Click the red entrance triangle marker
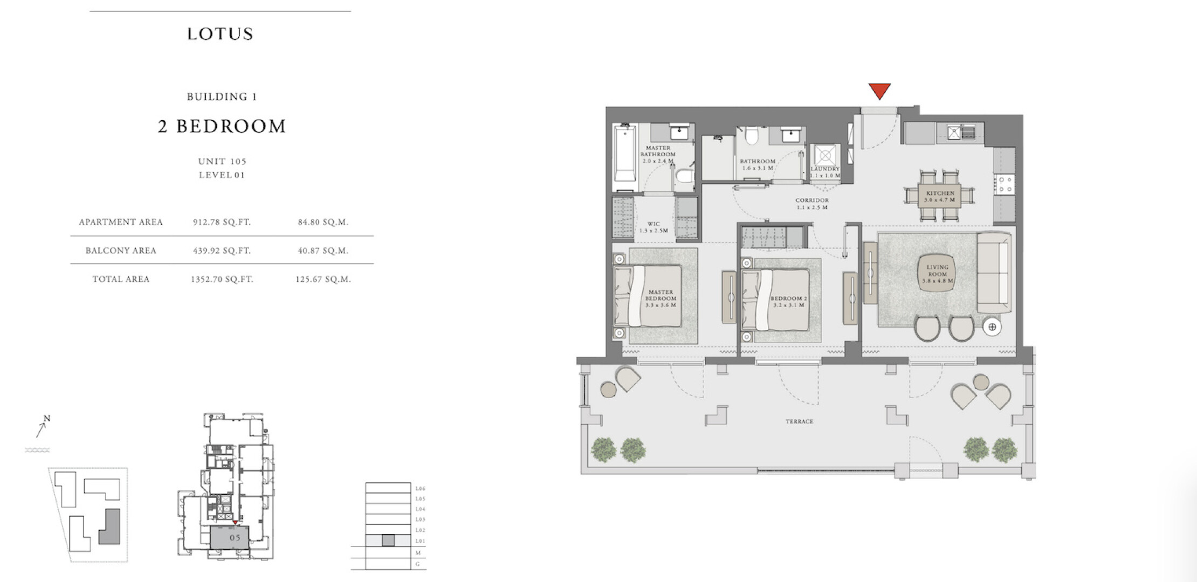(879, 91)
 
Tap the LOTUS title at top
(220, 34)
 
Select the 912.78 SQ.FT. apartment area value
(222, 222)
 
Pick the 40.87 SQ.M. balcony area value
(323, 251)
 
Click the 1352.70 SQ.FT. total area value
(222, 279)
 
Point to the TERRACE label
(799, 421)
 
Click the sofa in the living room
(994, 273)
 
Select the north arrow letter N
(47, 419)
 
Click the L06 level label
(420, 488)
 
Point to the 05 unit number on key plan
(235, 538)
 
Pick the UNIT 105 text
(222, 161)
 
